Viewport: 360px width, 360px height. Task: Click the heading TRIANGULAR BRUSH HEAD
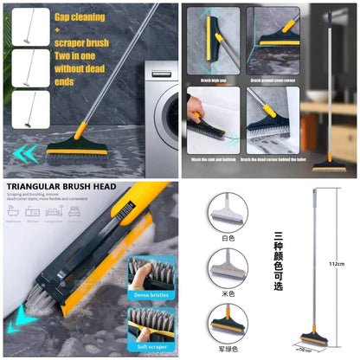pyautogui.click(x=62, y=186)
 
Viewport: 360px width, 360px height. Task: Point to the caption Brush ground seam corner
pyautogui.click(x=273, y=80)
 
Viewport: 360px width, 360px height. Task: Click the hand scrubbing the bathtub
pyautogui.click(x=196, y=109)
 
